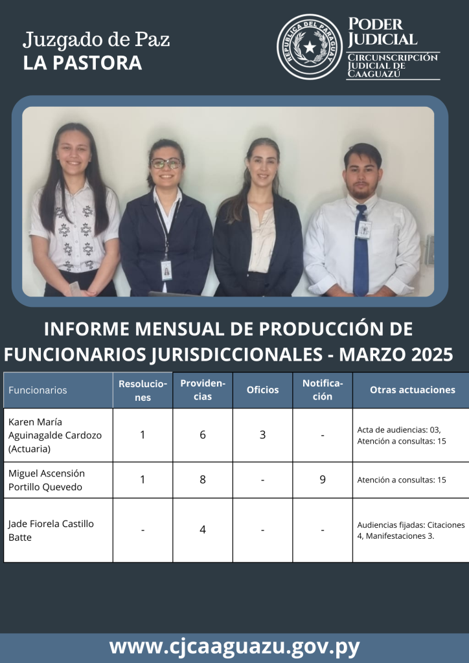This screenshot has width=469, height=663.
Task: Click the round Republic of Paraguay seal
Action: click(x=310, y=47)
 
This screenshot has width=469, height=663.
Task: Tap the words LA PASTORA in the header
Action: click(x=82, y=63)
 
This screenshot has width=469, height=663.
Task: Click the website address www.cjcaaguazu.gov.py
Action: click(x=234, y=647)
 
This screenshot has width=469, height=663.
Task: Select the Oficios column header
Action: click(x=262, y=390)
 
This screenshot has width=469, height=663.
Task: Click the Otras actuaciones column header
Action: click(x=413, y=390)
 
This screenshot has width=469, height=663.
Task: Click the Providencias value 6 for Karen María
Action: click(x=203, y=434)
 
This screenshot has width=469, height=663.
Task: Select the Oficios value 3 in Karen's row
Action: click(x=262, y=434)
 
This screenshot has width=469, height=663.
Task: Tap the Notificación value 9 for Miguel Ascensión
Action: click(x=322, y=480)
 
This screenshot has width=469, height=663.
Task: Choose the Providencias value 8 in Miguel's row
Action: click(x=203, y=480)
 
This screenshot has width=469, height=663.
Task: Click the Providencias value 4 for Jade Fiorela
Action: click(x=203, y=530)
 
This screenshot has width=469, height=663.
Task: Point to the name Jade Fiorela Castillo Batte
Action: click(x=51, y=530)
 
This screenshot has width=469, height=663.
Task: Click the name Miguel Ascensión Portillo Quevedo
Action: click(x=47, y=480)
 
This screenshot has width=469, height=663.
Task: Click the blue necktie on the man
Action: click(x=360, y=249)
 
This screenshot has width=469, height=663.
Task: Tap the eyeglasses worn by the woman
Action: click(x=166, y=163)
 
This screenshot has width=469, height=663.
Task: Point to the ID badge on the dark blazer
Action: click(x=166, y=270)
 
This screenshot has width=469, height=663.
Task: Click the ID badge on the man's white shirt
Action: click(x=364, y=229)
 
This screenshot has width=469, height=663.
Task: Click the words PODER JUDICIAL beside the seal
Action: click(x=382, y=32)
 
